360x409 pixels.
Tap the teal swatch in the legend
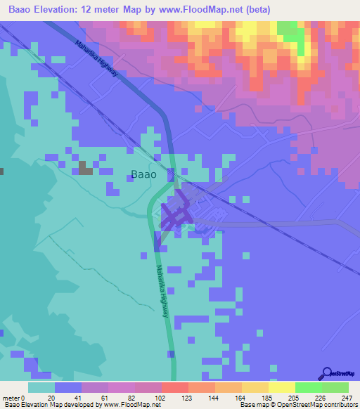click(41, 387)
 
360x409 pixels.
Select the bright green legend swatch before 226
click(308, 387)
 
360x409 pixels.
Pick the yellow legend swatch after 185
click(281, 387)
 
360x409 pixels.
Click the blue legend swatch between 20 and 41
click(68, 387)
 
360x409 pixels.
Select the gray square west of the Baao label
click(85, 167)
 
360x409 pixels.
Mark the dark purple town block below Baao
click(174, 216)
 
